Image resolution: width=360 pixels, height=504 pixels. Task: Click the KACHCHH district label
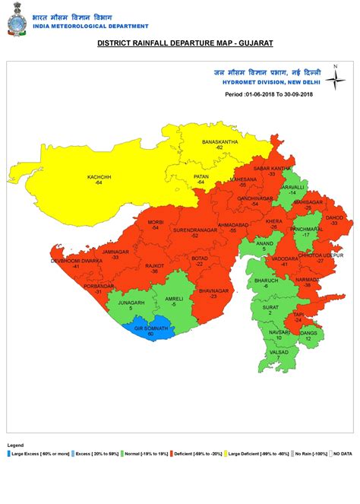click(x=99, y=177)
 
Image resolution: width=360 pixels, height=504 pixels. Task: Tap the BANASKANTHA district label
click(x=218, y=142)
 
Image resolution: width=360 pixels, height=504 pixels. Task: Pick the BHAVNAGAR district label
click(x=213, y=290)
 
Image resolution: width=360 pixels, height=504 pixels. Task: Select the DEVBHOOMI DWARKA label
click(x=76, y=260)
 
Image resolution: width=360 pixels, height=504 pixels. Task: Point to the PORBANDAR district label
click(x=98, y=287)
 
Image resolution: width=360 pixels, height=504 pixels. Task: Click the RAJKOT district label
click(x=154, y=266)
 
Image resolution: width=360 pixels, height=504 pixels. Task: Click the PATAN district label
click(x=201, y=176)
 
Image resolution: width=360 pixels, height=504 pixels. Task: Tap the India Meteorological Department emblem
click(x=14, y=21)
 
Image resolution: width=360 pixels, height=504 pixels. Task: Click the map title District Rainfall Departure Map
click(x=179, y=45)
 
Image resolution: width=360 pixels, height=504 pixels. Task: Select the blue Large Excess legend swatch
click(x=9, y=453)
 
